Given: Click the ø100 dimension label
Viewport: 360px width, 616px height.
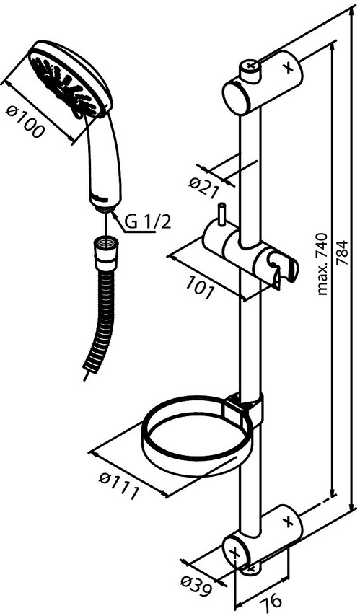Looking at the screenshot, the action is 25,122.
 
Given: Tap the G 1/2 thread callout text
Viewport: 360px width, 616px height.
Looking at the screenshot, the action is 148,223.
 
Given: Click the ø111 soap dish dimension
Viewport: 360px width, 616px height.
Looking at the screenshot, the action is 119,487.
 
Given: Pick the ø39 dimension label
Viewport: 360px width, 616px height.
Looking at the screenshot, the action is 196,586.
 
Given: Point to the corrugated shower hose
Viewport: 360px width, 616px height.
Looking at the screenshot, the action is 99,319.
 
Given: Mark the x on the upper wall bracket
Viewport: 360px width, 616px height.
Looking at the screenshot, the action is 289,68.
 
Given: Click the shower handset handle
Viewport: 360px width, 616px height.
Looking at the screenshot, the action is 103,161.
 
